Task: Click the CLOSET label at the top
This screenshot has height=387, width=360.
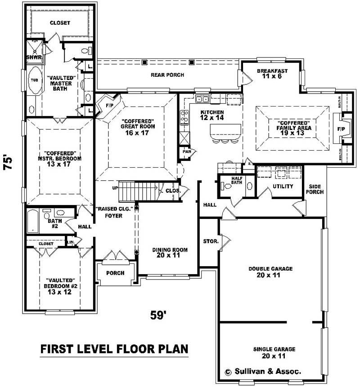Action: (x=59, y=23)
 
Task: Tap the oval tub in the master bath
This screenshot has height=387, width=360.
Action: (x=34, y=80)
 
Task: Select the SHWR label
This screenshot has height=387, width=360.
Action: (x=33, y=57)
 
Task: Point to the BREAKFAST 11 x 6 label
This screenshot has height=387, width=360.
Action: (x=272, y=74)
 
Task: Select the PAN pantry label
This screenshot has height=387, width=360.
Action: (x=186, y=152)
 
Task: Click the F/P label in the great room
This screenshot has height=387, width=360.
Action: (x=109, y=106)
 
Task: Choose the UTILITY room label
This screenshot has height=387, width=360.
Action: (x=283, y=186)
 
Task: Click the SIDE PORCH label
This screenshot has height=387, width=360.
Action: (x=316, y=189)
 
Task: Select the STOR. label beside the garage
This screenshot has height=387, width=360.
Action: (x=211, y=241)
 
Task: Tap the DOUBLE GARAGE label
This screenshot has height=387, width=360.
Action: (x=270, y=272)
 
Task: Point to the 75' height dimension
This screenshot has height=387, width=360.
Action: (x=9, y=162)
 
